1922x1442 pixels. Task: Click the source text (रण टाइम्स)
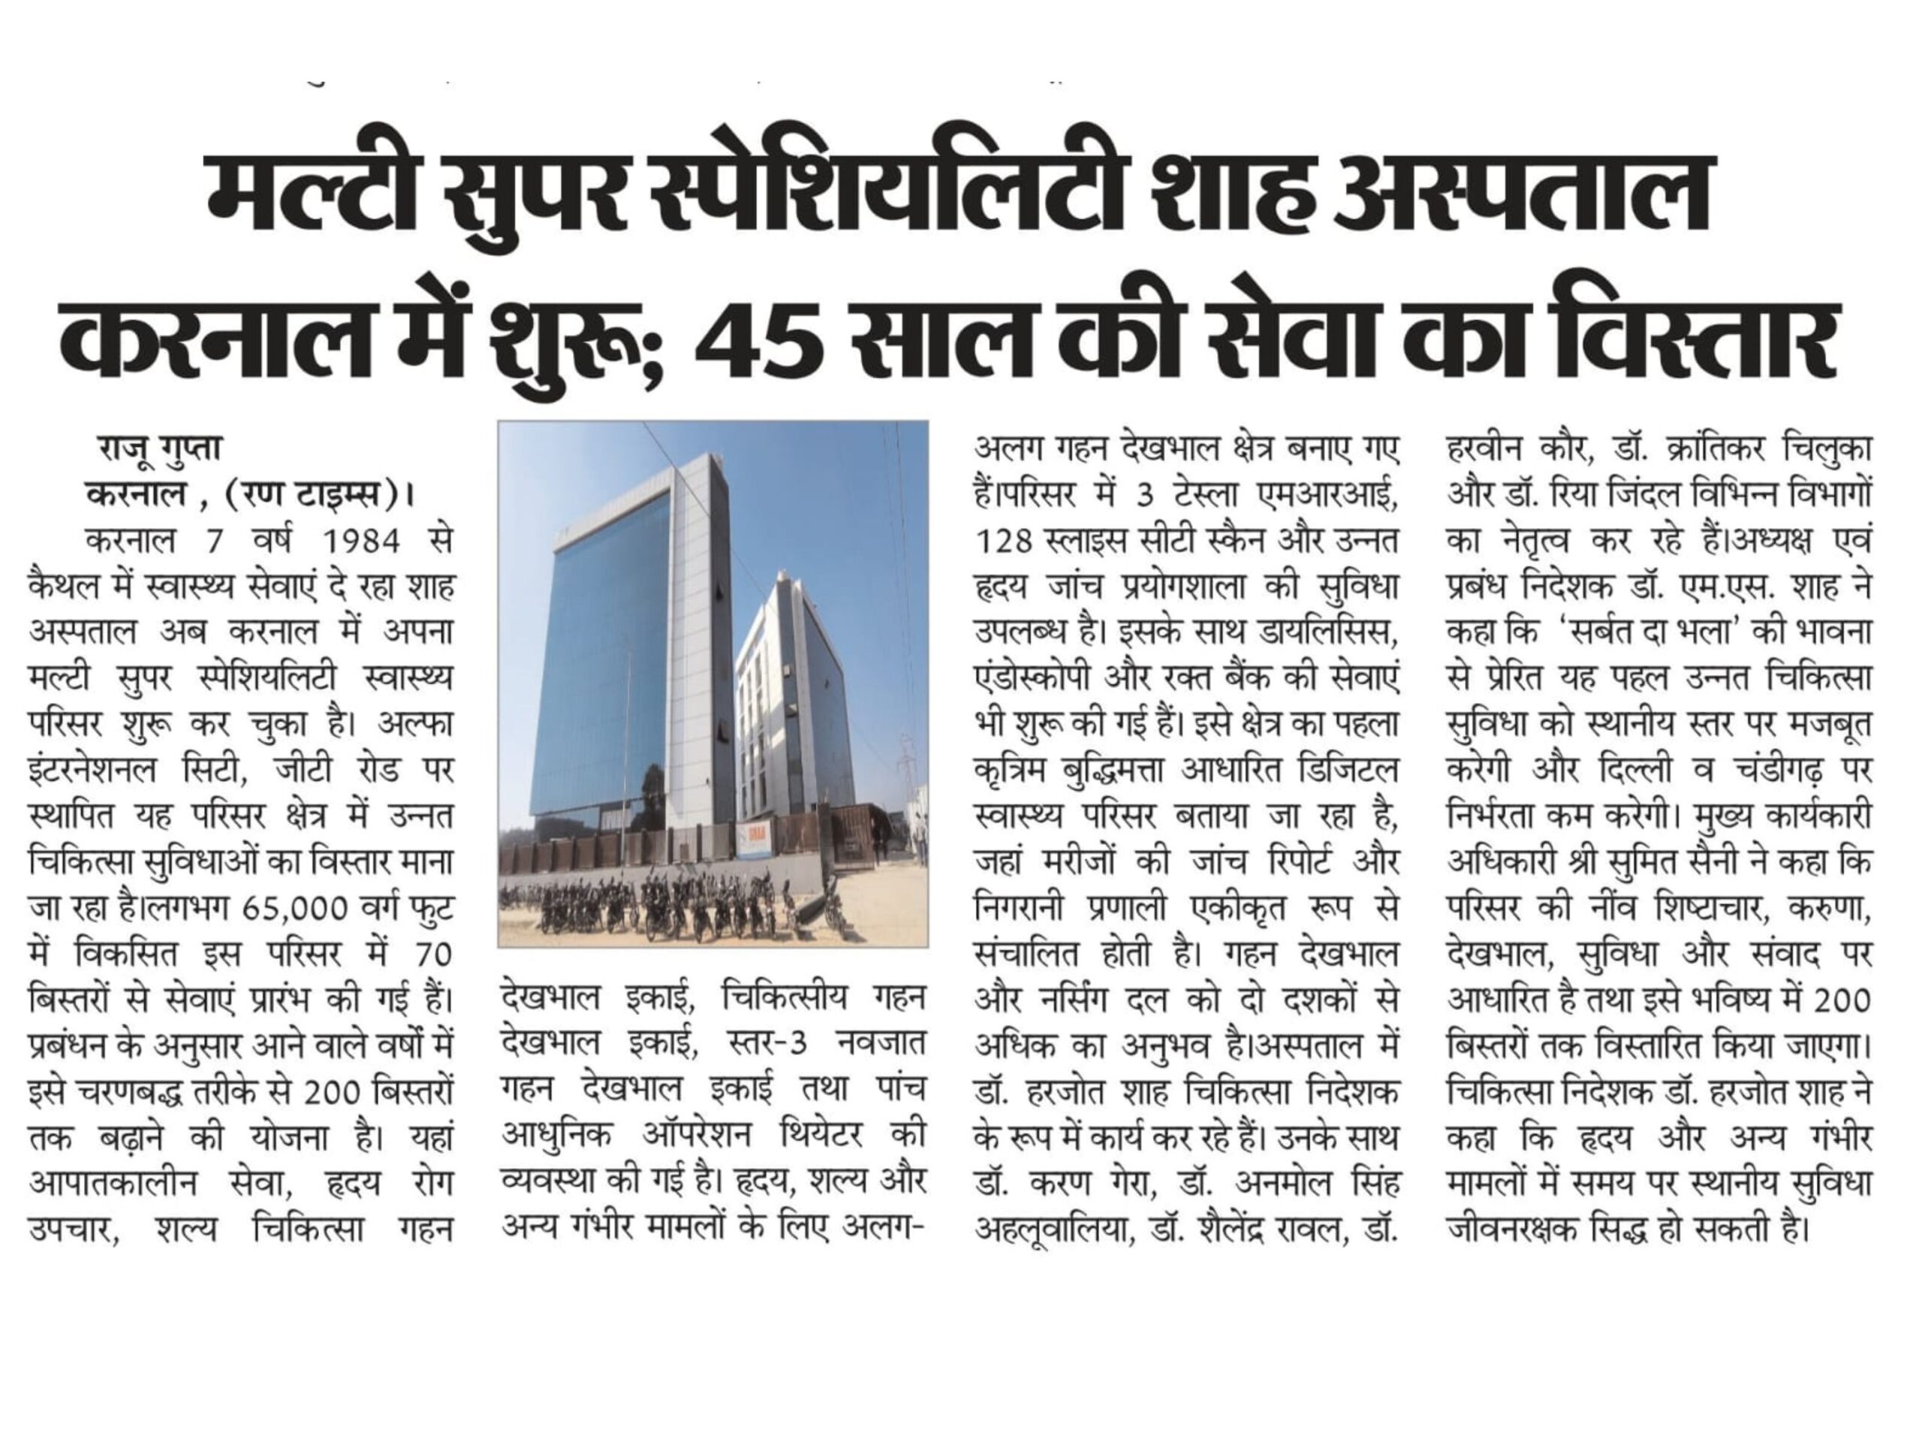click(310, 495)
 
